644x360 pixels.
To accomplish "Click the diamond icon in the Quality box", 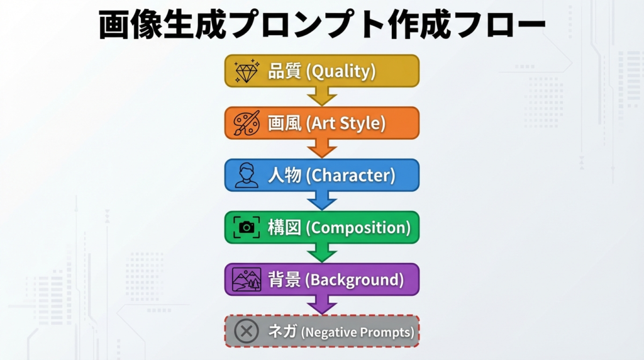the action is coord(247,70).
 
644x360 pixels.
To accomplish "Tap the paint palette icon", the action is coord(247,123).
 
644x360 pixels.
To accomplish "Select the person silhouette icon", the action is coord(247,175).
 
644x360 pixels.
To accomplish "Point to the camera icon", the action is coord(247,227).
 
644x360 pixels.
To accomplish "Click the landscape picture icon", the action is coord(247,279).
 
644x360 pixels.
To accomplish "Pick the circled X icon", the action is coord(247,331).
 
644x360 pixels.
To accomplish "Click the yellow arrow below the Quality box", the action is coord(322,96).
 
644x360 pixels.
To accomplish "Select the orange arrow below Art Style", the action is coord(322,149).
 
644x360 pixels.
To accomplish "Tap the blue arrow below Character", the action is coord(322,201).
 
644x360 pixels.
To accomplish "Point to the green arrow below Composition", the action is coord(322,253).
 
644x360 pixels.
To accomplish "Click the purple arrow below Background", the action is coord(322,305).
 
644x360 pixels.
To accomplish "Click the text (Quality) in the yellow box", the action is coord(341,71).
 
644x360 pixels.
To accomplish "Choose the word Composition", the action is coord(358,228).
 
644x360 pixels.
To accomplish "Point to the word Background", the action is coord(355,280).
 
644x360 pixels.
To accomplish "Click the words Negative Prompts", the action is coord(358,332).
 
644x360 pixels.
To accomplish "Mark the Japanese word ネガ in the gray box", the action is coord(282,331).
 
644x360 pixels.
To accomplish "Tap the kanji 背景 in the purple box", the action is coord(285,279).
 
